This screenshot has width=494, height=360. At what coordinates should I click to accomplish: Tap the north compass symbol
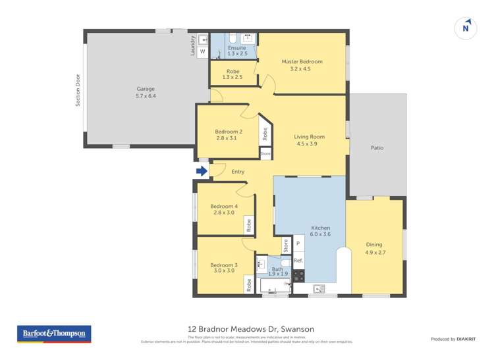pyautogui.click(x=466, y=28)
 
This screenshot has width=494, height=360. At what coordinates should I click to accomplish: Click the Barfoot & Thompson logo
pyautogui.click(x=54, y=334)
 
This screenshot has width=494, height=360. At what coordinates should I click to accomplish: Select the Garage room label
pyautogui.click(x=146, y=88)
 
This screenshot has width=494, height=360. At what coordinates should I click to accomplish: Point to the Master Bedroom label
pyautogui.click(x=302, y=62)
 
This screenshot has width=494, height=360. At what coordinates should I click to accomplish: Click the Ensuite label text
pyautogui.click(x=236, y=48)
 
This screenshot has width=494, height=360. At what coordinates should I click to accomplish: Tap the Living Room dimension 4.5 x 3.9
pyautogui.click(x=310, y=144)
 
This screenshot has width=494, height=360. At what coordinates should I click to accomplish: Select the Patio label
pyautogui.click(x=377, y=148)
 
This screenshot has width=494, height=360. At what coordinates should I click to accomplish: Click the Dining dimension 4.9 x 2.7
pyautogui.click(x=373, y=252)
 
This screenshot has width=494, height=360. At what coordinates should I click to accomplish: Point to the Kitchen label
pyautogui.click(x=321, y=228)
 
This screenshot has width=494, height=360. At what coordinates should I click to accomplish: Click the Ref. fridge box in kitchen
pyautogui.click(x=298, y=261)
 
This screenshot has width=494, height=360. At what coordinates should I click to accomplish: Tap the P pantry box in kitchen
pyautogui.click(x=298, y=244)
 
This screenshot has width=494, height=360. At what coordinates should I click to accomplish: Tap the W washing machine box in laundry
pyautogui.click(x=202, y=51)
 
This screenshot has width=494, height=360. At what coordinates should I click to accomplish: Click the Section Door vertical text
pyautogui.click(x=77, y=91)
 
